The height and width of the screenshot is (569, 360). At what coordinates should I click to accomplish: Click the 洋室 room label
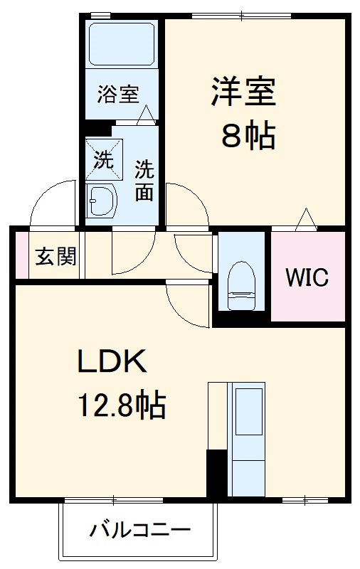coord(243,92)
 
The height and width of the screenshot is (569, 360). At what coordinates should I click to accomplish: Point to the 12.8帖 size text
coord(122,407)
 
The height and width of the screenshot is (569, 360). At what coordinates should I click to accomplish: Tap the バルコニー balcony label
coord(139,531)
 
